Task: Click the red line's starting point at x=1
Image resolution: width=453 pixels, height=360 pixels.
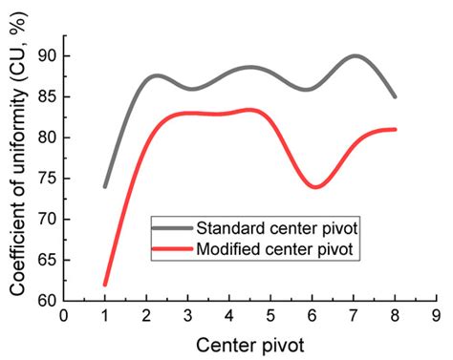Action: [105, 285]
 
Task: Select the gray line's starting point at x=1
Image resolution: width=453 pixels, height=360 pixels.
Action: [105, 186]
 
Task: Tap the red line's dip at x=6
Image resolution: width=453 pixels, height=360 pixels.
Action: [313, 186]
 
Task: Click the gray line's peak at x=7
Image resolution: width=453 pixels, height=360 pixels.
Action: [355, 56]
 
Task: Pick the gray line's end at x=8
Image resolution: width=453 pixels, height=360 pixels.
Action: [395, 96]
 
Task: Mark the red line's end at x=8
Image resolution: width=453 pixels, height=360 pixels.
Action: [395, 129]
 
